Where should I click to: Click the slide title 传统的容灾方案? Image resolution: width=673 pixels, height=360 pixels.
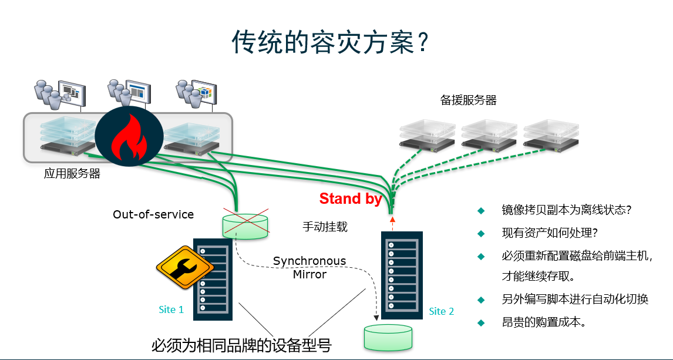[330, 42]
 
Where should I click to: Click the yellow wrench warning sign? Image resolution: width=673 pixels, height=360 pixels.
[185, 267]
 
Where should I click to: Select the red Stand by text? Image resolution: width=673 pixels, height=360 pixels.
[351, 198]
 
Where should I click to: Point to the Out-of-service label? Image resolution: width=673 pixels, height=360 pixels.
[153, 214]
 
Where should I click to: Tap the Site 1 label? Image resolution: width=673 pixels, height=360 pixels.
[171, 309]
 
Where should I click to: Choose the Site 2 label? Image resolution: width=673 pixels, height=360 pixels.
[441, 311]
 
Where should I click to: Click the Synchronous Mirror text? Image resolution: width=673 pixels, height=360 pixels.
[309, 268]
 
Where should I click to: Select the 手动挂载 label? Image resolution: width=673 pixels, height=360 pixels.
[325, 227]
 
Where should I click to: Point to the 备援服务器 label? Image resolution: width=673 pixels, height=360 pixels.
[468, 100]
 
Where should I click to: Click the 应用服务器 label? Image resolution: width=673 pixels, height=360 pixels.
[72, 174]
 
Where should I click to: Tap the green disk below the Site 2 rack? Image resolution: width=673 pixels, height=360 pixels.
[388, 338]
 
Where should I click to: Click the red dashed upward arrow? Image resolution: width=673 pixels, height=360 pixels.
[392, 224]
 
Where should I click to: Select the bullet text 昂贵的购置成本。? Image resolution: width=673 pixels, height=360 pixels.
[544, 322]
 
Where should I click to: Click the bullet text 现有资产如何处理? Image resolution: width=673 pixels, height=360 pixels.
[550, 233]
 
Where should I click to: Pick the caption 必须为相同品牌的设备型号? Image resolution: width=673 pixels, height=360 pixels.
[241, 345]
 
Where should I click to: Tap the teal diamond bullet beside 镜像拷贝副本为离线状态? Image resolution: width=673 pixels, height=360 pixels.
[481, 211]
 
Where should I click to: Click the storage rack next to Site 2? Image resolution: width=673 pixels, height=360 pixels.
[402, 275]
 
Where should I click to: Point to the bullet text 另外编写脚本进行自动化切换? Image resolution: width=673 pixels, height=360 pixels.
[575, 299]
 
